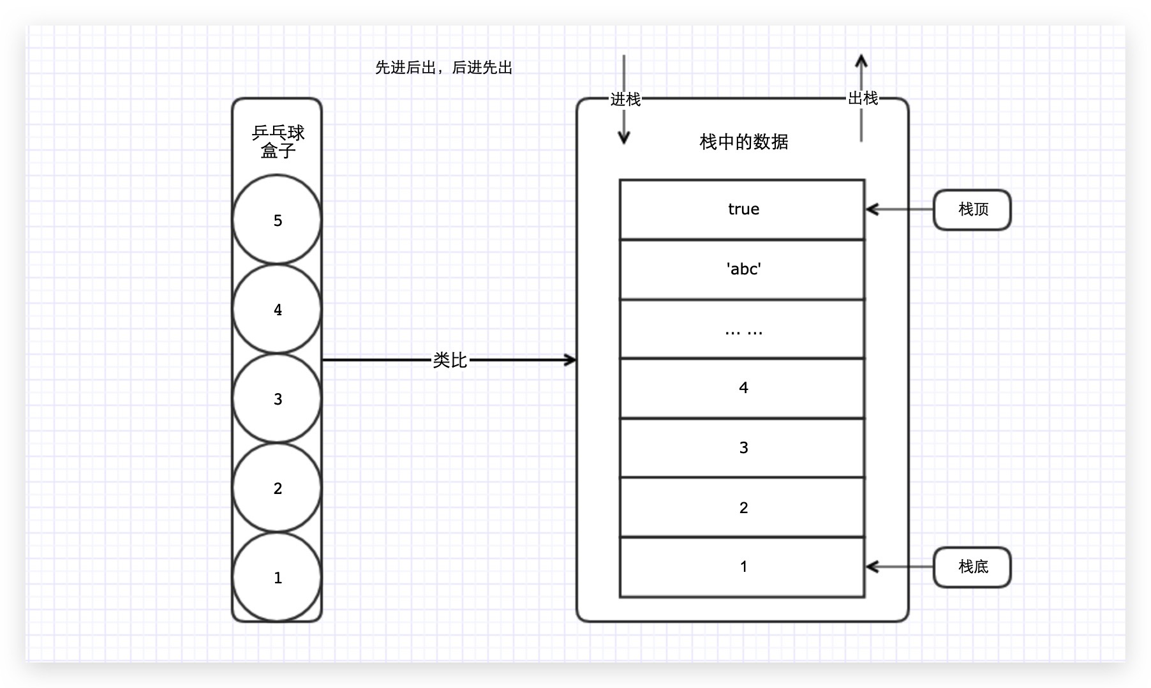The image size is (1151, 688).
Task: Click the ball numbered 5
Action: pyautogui.click(x=277, y=220)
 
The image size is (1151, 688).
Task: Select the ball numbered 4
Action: pyautogui.click(x=277, y=309)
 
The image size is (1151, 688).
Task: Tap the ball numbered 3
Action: pyautogui.click(x=277, y=398)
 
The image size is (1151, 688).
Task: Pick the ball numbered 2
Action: pyautogui.click(x=277, y=488)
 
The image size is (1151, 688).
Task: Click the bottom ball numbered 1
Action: pyautogui.click(x=277, y=577)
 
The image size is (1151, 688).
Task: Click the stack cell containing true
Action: pyautogui.click(x=742, y=209)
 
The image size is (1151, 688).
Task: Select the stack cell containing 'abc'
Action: pyautogui.click(x=742, y=269)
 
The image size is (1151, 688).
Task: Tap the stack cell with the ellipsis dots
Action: pyautogui.click(x=742, y=329)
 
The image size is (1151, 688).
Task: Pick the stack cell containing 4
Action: pyautogui.click(x=742, y=388)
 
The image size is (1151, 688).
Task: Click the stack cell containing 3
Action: pyautogui.click(x=742, y=448)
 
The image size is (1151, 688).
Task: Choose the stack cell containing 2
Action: pyautogui.click(x=742, y=507)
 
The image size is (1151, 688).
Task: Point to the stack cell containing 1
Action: pyautogui.click(x=742, y=567)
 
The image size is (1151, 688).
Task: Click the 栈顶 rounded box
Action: pyautogui.click(x=972, y=209)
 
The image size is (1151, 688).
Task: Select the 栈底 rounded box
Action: pyautogui.click(x=972, y=567)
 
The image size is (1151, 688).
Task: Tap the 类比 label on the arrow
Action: pyautogui.click(x=450, y=360)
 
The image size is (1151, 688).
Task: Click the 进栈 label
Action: pyautogui.click(x=625, y=100)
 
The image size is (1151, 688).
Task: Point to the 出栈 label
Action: pyautogui.click(x=863, y=98)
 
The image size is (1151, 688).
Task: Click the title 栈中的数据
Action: pyautogui.click(x=743, y=142)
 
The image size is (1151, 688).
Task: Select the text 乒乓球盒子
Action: pyautogui.click(x=278, y=142)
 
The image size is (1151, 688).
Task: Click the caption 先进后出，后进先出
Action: pyautogui.click(x=443, y=68)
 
